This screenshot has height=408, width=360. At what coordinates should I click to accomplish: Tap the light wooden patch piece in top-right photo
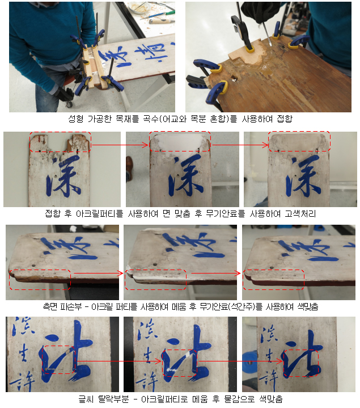click(245, 53)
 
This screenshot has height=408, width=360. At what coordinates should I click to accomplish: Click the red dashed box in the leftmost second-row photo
click(60, 142)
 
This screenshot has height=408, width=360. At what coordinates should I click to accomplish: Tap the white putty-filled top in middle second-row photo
click(179, 144)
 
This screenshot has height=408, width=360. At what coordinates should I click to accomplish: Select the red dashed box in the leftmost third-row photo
click(40, 278)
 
